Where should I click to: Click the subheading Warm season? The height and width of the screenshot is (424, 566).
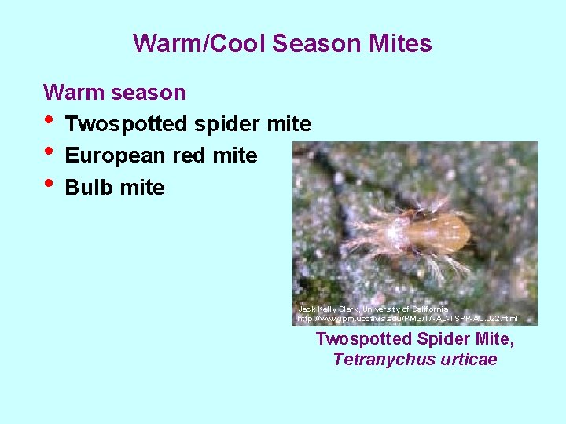click(115, 93)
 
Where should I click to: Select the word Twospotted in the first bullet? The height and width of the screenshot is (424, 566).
click(127, 124)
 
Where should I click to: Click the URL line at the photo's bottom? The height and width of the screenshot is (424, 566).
click(408, 320)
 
